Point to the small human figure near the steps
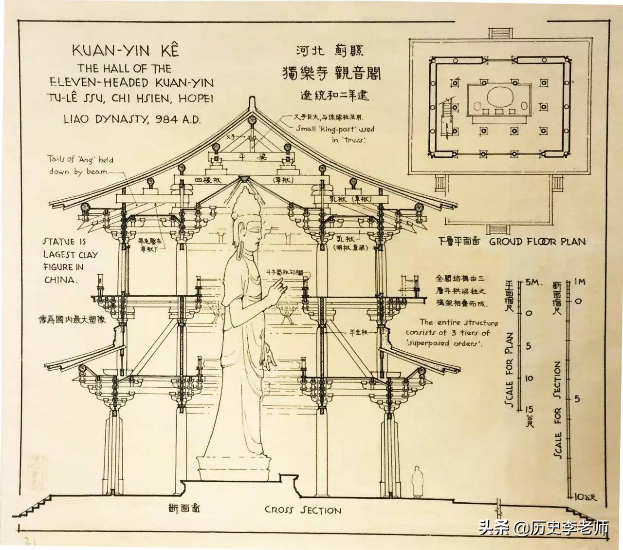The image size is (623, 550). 417,482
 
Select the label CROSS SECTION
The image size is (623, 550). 303,510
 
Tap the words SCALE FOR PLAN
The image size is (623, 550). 509,371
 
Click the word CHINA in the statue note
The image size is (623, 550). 60,280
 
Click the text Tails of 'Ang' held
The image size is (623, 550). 80,159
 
